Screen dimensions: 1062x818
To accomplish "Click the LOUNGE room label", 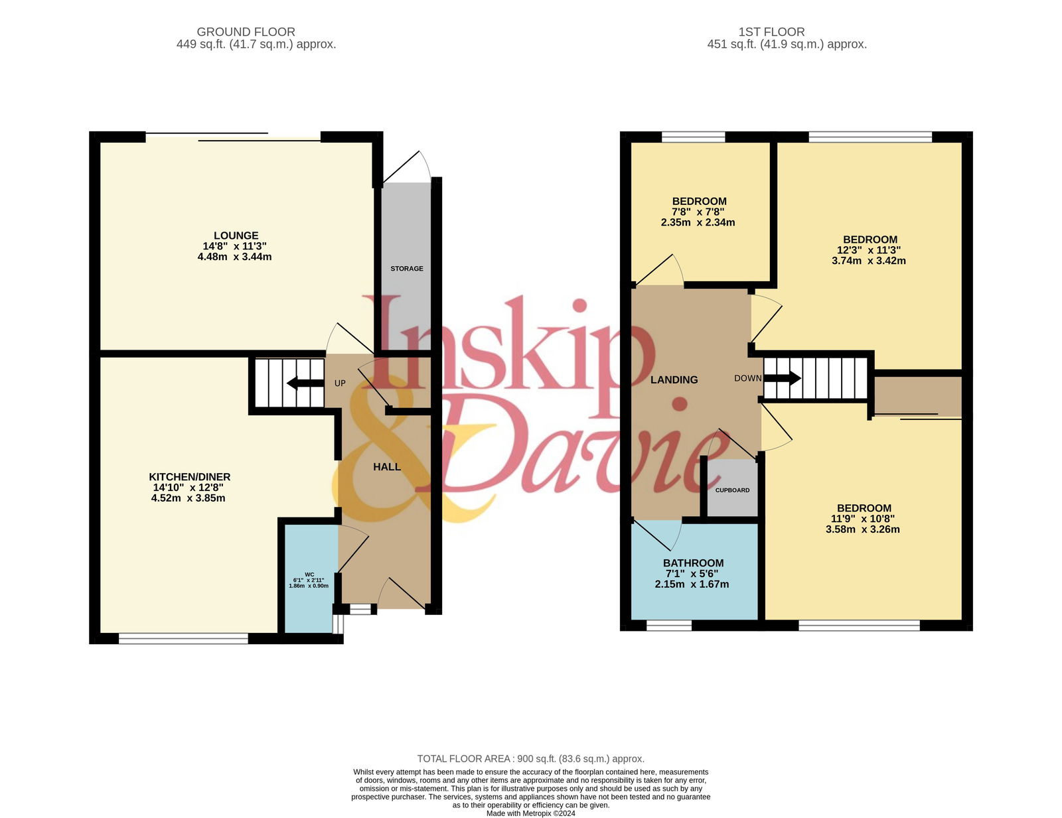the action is coord(236,236).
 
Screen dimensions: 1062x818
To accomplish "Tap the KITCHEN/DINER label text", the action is coord(190,476).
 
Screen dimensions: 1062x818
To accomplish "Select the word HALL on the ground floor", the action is coord(387,467).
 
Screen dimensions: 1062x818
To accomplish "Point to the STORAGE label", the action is coord(407,269).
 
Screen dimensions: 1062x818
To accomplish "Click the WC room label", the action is coord(309,575).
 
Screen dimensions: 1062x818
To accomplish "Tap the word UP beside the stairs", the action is coord(340,383).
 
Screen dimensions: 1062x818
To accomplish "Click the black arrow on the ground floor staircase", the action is coord(305,383).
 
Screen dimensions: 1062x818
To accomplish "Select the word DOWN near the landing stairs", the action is coord(748,378).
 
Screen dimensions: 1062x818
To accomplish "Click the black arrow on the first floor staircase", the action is coord(782,378).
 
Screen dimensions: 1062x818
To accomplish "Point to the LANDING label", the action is coord(674,380).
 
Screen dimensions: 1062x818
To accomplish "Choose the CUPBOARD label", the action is coord(732,490).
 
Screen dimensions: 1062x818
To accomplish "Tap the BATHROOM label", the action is coord(694,563).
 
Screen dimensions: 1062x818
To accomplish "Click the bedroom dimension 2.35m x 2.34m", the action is coord(698,223).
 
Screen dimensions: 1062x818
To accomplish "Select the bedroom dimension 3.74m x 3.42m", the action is coord(868,261).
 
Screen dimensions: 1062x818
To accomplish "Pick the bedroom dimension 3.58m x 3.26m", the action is coord(863,529).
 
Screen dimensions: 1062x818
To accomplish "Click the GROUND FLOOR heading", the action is coord(246,33).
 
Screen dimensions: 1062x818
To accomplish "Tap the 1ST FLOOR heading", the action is coord(771,33).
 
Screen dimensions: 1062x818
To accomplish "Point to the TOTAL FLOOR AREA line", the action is coord(531,759).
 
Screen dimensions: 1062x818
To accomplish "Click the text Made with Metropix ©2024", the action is coord(531,813).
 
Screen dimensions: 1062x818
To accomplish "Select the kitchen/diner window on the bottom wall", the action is coord(183,638).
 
